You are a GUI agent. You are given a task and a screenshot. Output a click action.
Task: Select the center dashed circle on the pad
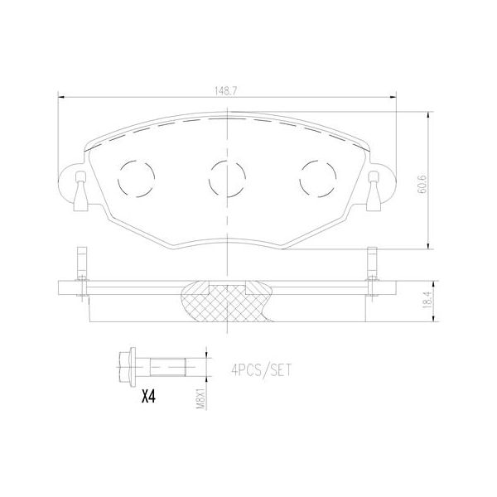[226, 175]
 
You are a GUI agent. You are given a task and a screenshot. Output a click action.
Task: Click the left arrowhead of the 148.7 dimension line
[60, 98]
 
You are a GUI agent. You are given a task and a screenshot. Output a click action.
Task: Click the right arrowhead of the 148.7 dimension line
[394, 98]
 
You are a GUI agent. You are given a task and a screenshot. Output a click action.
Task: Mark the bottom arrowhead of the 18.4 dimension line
[428, 318]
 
